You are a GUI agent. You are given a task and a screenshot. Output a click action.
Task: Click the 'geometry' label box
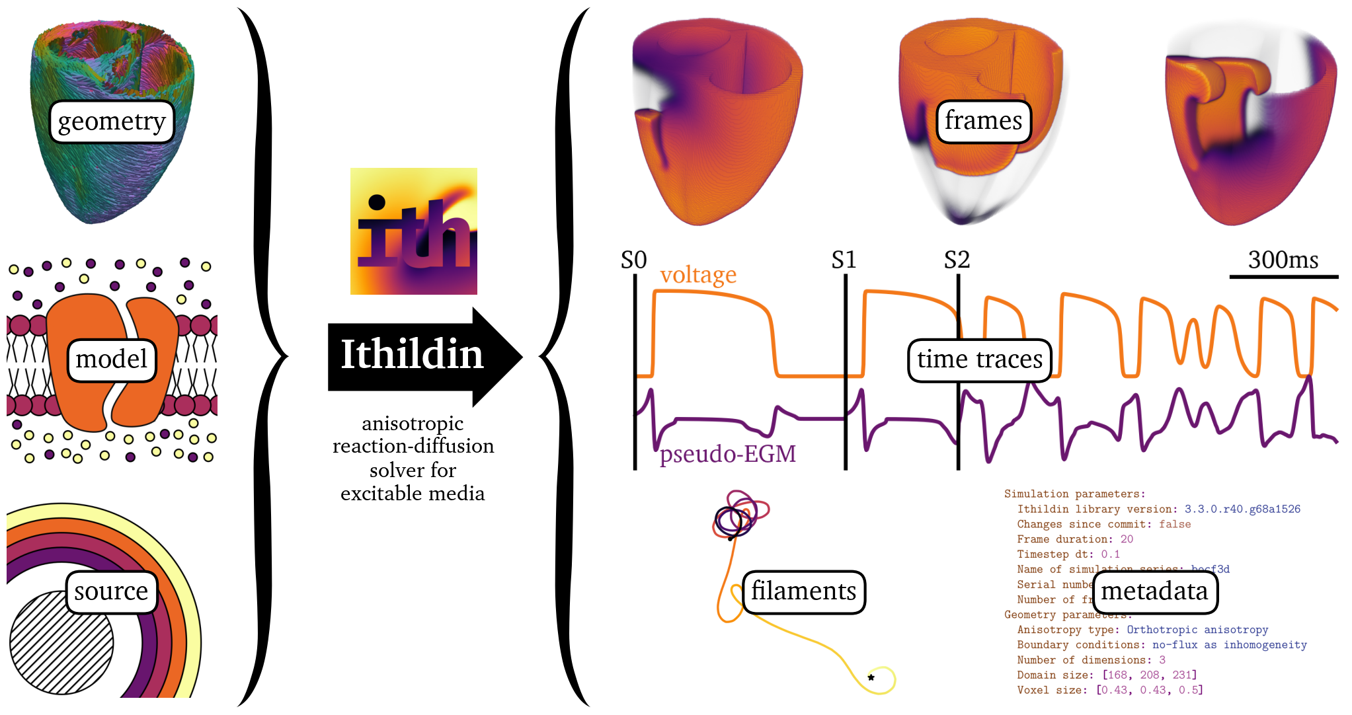(112, 122)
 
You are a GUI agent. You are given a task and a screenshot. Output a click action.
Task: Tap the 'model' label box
(112, 360)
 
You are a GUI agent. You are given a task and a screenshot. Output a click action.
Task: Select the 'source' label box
(112, 592)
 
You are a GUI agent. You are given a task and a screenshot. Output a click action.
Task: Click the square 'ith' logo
(413, 231)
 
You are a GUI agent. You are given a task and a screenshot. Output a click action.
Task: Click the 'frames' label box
(984, 122)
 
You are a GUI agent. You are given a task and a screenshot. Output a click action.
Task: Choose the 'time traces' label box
(979, 360)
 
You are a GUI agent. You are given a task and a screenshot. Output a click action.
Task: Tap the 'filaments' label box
(804, 592)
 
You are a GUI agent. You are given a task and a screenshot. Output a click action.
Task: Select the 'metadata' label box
(1154, 592)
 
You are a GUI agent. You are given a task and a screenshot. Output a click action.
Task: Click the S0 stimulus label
(633, 260)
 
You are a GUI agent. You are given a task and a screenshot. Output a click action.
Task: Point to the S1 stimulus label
(844, 260)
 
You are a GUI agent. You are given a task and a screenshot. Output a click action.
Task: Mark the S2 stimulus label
(957, 260)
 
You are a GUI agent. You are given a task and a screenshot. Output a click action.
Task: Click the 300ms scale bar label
(1283, 260)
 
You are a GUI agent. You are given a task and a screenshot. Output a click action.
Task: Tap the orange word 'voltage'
(698, 275)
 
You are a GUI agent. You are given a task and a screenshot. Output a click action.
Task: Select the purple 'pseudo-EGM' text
(728, 455)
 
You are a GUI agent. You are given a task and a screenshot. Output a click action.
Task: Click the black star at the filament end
(871, 677)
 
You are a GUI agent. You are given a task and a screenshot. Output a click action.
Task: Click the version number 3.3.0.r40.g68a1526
(1242, 509)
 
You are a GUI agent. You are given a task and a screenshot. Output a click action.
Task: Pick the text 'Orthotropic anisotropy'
(1197, 630)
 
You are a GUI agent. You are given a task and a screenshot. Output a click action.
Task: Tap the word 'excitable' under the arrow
(378, 494)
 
